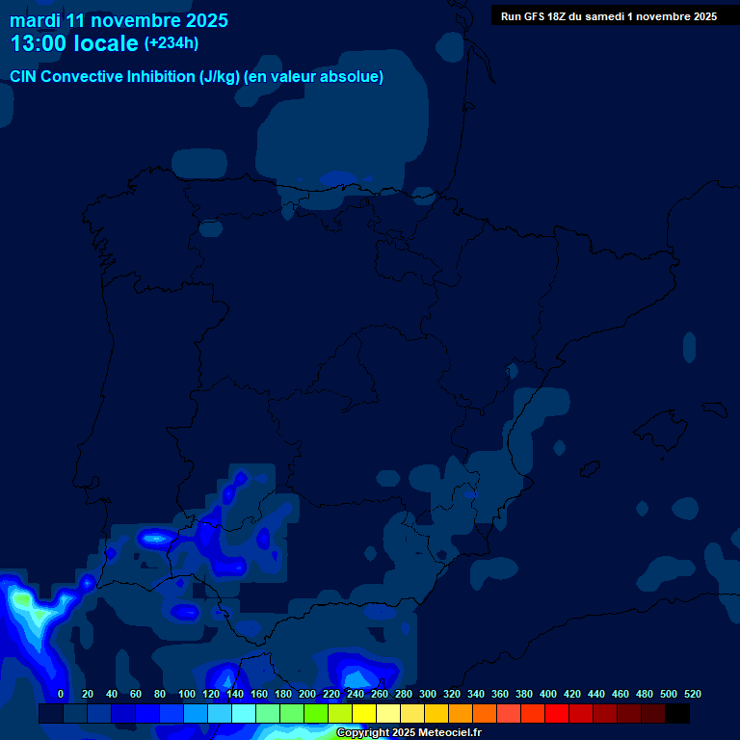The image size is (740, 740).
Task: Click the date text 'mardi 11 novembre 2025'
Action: click(119, 19)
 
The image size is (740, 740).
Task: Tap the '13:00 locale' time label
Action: click(74, 43)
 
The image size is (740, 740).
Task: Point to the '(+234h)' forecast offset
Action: click(171, 43)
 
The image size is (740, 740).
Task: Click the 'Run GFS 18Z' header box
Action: click(608, 15)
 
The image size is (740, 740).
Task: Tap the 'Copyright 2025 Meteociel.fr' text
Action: click(409, 733)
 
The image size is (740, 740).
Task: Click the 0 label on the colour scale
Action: click(61, 694)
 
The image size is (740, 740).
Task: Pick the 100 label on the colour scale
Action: click(187, 694)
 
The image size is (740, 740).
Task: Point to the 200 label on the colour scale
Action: click(307, 694)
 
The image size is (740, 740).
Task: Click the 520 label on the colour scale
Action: click(692, 694)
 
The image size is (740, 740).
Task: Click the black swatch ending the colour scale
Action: click(677, 713)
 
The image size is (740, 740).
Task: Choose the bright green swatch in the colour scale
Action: click(316, 713)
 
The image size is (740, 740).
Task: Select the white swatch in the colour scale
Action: click(388, 713)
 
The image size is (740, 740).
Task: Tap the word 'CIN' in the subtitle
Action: click(24, 77)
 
